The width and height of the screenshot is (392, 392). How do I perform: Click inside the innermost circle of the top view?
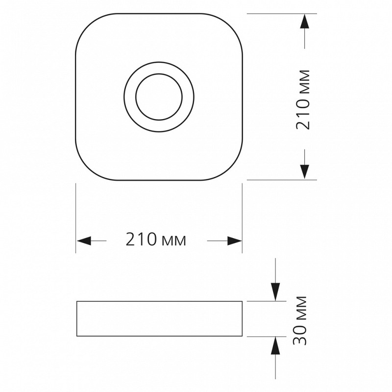[x=159, y=97]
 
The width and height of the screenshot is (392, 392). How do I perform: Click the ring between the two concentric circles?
[x=130, y=97]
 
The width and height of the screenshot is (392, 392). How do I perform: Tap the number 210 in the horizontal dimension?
[x=141, y=239]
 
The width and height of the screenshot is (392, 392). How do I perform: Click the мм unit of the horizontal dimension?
[x=174, y=241]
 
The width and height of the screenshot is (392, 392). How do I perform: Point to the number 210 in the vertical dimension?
[x=302, y=114]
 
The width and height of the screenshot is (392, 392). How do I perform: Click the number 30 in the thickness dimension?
[x=299, y=336]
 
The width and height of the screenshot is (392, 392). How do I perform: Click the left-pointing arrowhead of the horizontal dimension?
[x=84, y=241]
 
